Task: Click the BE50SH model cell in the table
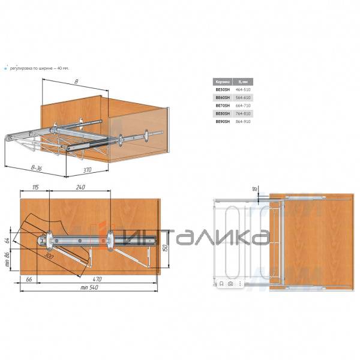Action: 222,89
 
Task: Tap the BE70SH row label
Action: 222,105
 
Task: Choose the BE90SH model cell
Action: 222,121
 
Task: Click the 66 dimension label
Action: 29,279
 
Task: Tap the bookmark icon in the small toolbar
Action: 221,284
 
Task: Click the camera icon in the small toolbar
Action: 230,284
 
